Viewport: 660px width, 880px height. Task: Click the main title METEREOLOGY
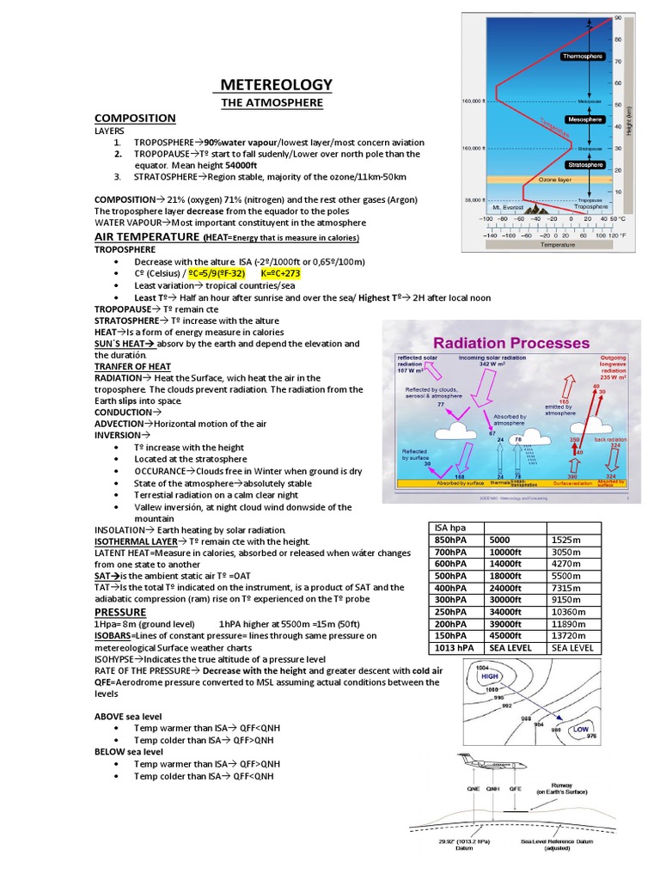point(276,84)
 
